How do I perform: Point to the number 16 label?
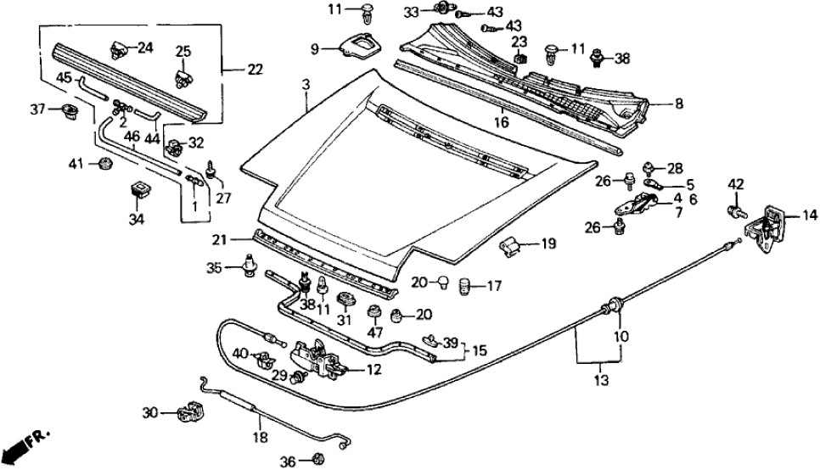(x=503, y=122)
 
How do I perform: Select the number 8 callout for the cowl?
(x=677, y=105)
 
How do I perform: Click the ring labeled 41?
(x=104, y=162)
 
